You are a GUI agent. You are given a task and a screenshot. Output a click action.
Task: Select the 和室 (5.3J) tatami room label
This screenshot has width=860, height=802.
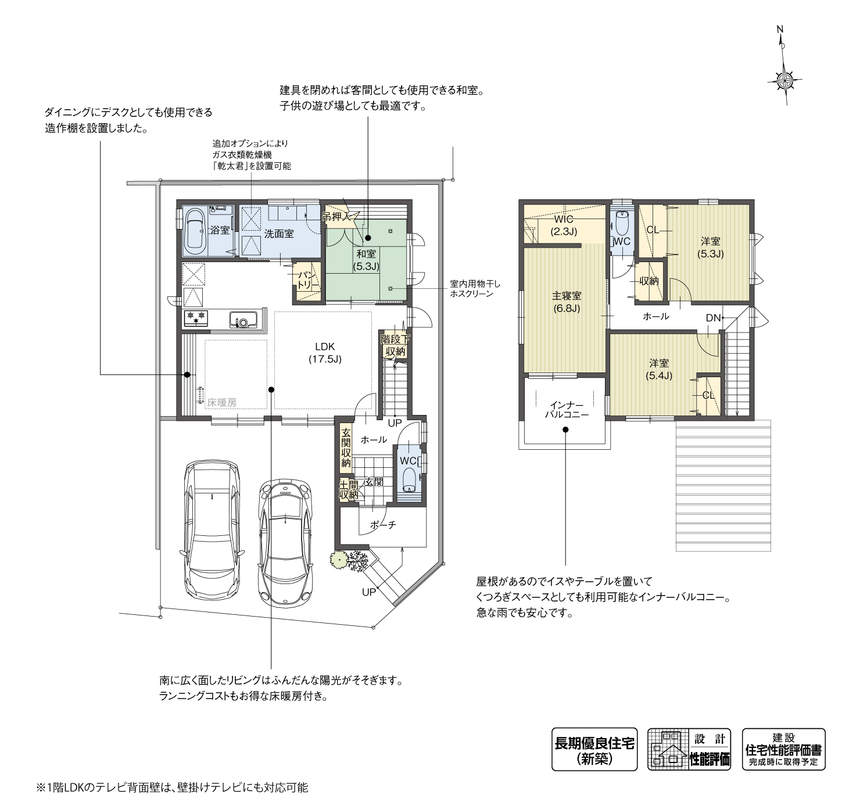tap(366, 260)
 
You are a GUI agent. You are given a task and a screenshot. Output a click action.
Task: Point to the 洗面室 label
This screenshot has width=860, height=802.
tap(279, 234)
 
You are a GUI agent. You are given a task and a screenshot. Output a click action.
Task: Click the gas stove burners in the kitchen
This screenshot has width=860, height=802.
tap(195, 318)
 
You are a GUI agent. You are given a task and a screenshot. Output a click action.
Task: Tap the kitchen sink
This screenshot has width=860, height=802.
tap(243, 319)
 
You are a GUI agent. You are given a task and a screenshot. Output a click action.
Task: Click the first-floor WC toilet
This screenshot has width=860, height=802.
tap(409, 480)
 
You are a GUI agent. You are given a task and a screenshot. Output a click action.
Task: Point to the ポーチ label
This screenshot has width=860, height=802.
tap(382, 524)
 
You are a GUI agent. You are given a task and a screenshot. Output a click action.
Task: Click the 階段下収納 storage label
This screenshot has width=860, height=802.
tap(395, 345)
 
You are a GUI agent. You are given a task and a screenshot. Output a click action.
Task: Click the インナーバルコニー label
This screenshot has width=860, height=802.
tap(567, 410)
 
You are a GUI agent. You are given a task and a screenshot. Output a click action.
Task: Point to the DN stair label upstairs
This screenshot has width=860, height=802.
tap(713, 318)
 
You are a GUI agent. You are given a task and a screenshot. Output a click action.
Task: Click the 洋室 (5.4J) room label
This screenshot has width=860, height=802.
tap(658, 369)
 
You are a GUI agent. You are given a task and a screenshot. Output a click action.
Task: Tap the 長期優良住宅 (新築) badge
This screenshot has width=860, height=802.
tap(594, 749)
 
